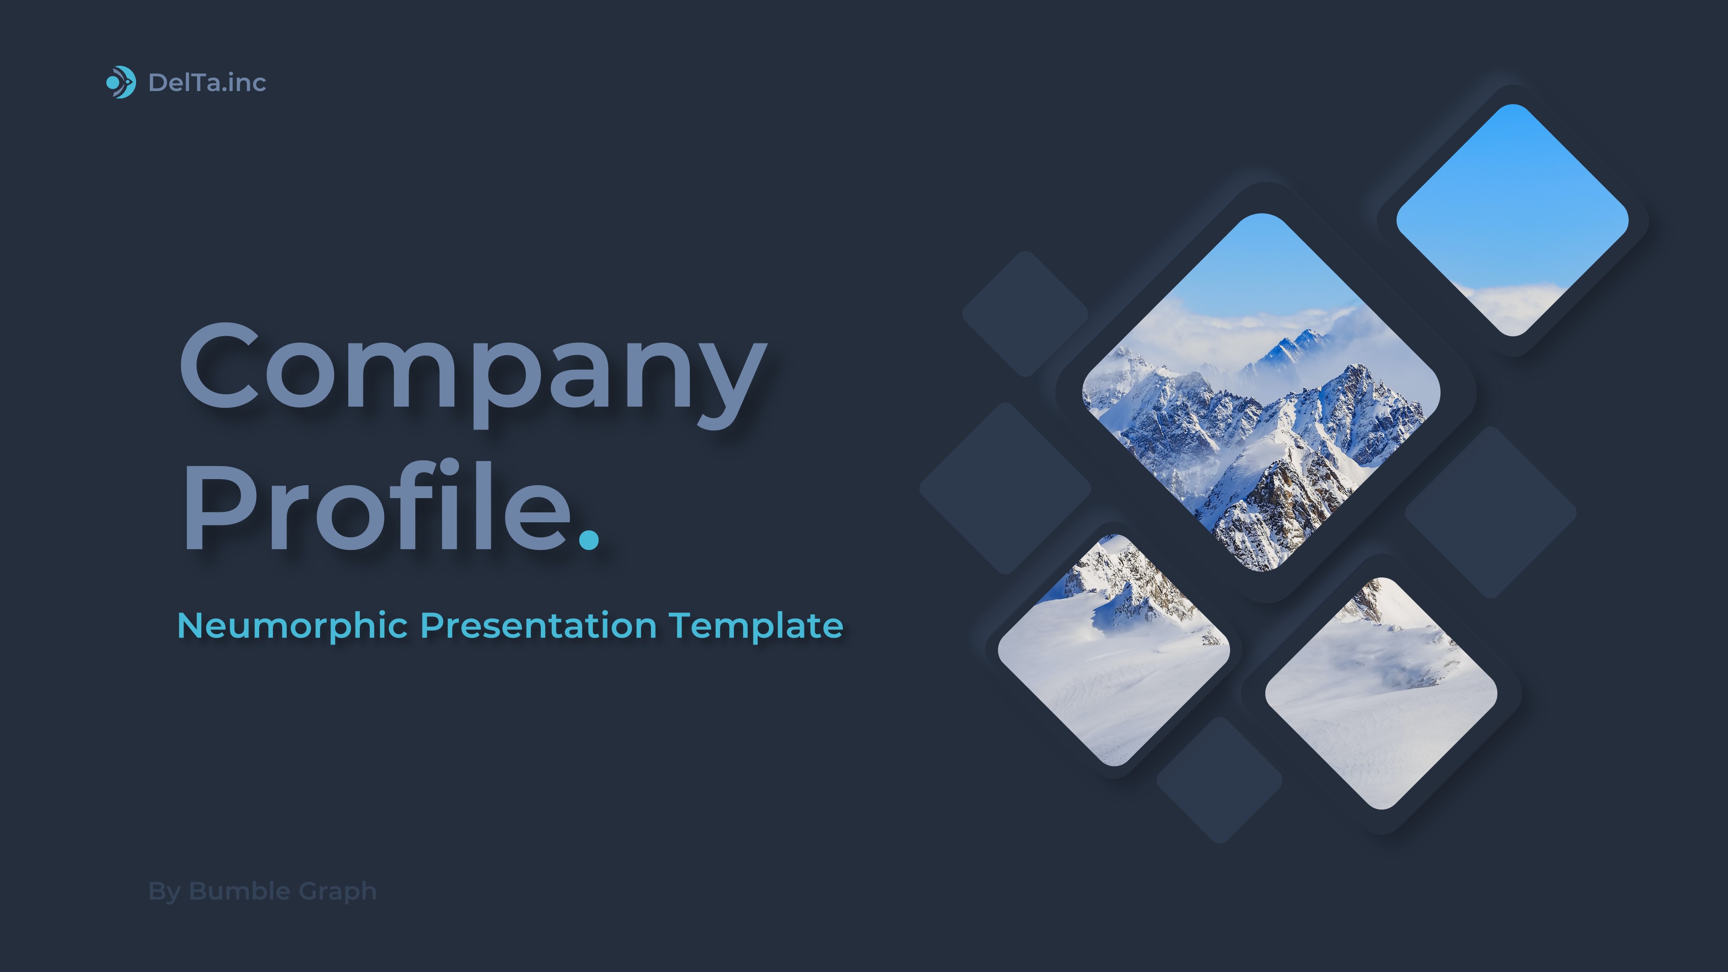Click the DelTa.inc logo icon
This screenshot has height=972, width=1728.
coord(121,83)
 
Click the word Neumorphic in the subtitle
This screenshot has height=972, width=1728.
coord(292,626)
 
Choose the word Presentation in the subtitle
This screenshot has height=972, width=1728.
coord(538,626)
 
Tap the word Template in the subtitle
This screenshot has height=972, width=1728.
coord(756,626)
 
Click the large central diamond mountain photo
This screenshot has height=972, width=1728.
coord(1261,392)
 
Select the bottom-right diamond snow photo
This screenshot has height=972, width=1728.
coord(1381,693)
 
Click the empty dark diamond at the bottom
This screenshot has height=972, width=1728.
coord(1220,780)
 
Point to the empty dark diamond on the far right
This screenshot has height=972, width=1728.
coord(1490,512)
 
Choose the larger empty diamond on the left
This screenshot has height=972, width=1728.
coord(1004,488)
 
